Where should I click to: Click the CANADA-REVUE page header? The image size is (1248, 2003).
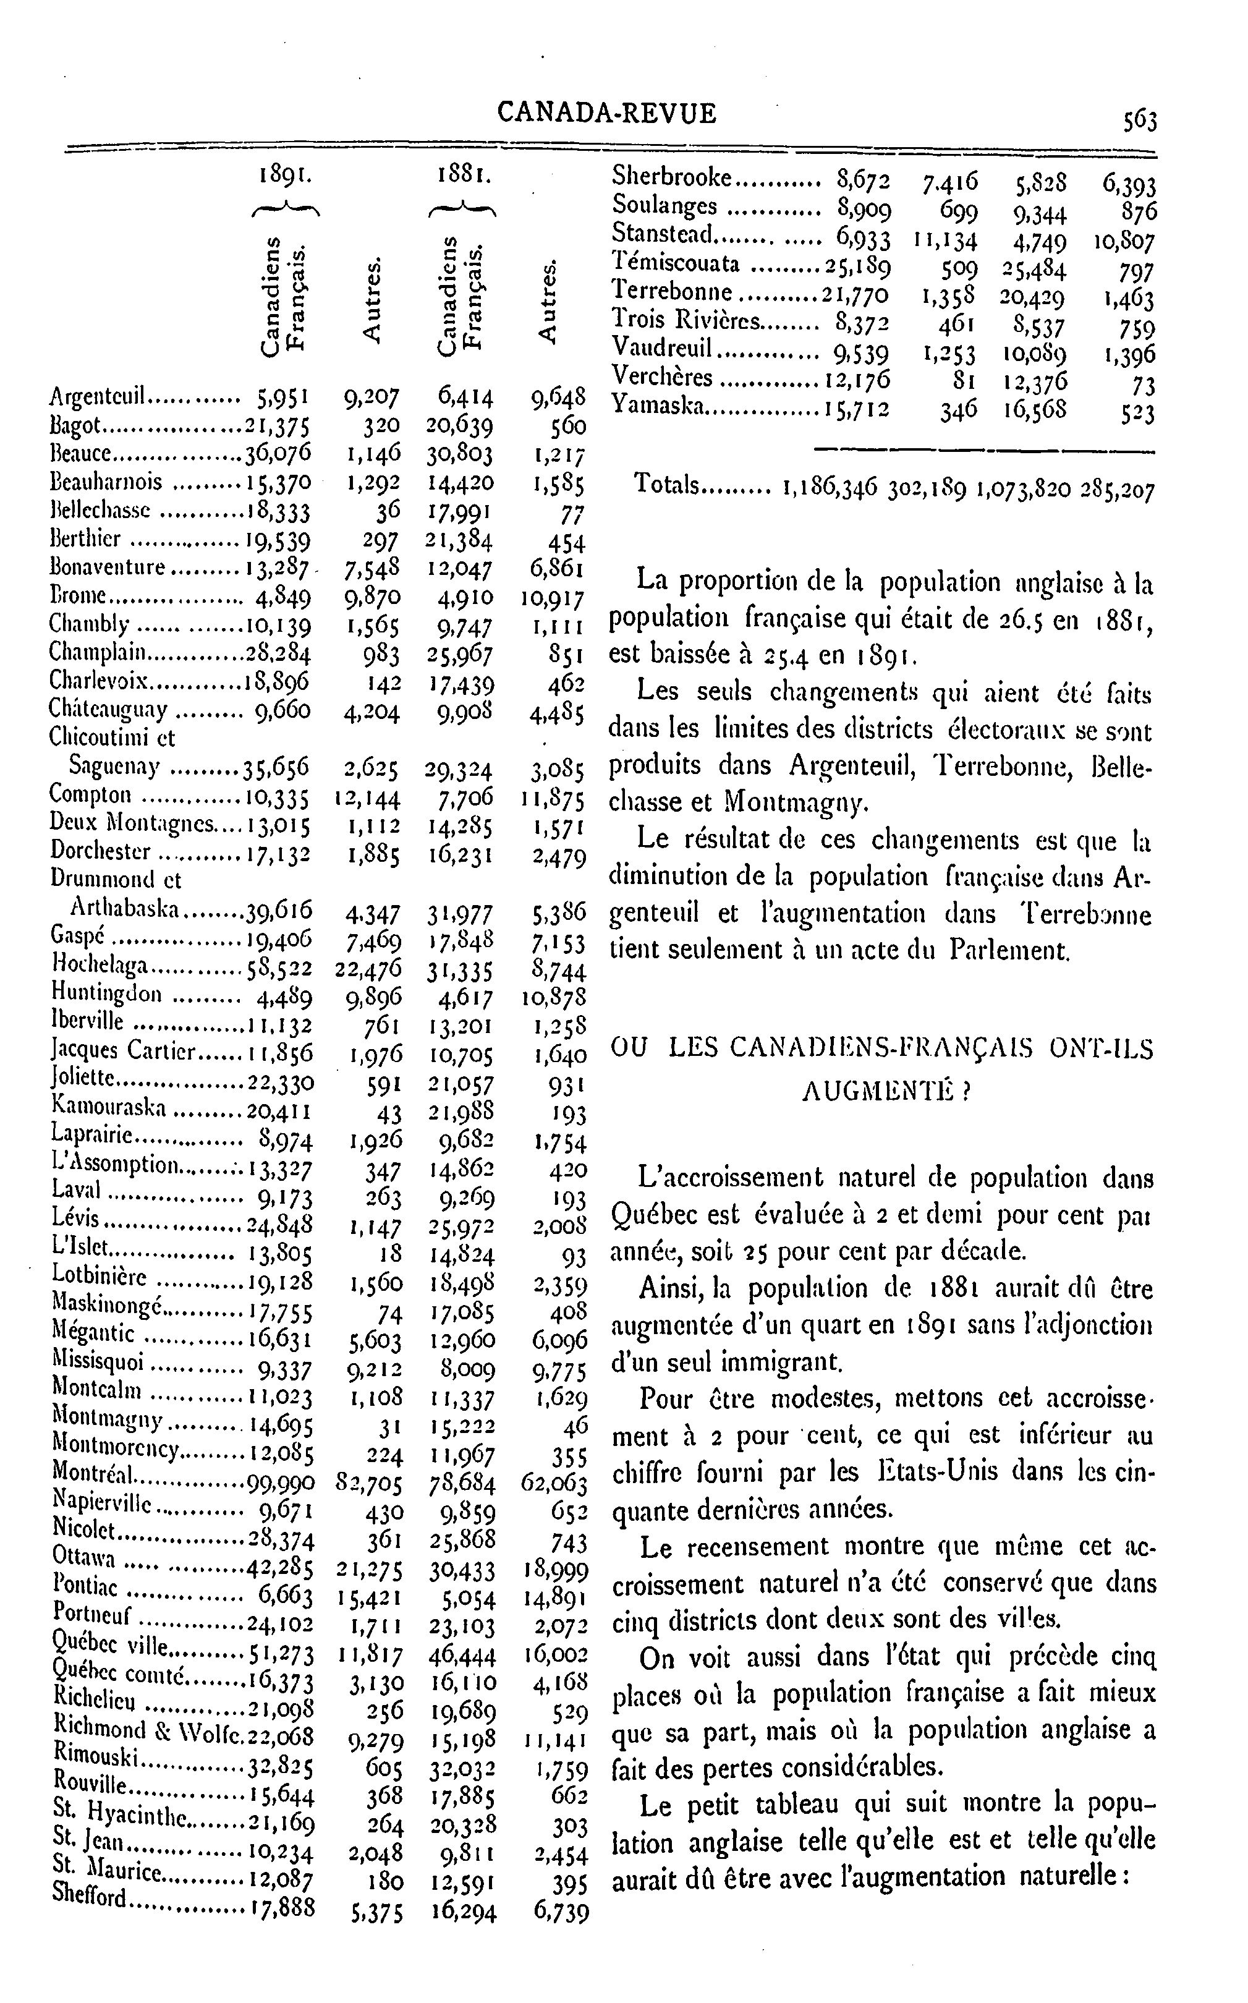pos(606,113)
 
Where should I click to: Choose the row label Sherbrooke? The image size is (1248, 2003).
pos(672,177)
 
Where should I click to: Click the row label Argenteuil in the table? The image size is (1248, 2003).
pos(98,397)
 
